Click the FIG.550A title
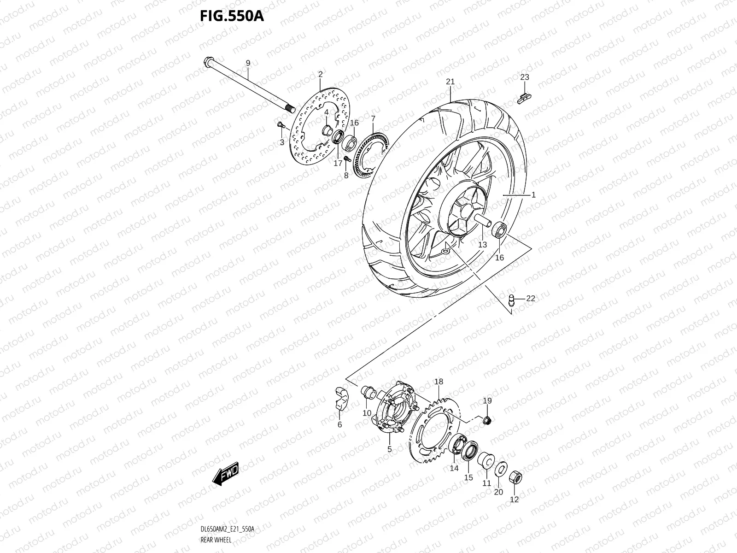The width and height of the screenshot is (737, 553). coord(231,17)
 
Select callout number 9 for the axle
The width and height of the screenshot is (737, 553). coord(248,63)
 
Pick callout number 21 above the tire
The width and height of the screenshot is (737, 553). coord(450,82)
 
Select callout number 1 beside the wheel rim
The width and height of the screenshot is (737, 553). coord(533,195)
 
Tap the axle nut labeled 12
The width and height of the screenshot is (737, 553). coord(516,479)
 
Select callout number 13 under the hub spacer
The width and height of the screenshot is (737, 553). coord(482,245)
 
